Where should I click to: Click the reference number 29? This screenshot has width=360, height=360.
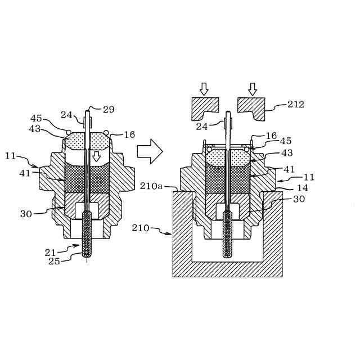coord(109,110)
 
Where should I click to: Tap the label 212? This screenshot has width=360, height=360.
coord(296,104)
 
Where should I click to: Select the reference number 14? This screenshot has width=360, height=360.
coord(303,188)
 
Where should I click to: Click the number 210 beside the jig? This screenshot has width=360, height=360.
coord(141,228)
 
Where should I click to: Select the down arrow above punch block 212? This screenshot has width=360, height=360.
coord(252,88)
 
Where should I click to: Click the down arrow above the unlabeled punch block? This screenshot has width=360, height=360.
coord(204,88)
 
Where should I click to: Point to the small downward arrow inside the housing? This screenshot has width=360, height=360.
coord(96,156)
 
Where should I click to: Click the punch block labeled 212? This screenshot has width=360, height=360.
coord(251,107)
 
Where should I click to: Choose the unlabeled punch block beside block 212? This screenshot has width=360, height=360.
coord(204,108)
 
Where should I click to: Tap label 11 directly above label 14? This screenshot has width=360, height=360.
coord(309,177)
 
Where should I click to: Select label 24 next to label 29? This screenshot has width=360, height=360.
coord(66,115)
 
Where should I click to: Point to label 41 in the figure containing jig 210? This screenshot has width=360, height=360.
coord(290,168)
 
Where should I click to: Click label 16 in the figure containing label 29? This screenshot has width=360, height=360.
coord(130,134)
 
